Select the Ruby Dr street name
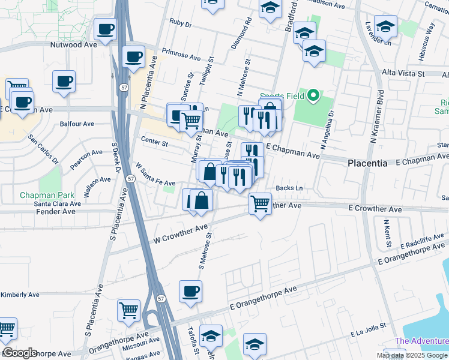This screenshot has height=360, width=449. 180,25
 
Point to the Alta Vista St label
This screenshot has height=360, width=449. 403,73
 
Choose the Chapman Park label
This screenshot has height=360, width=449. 47,195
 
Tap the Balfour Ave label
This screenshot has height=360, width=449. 77,124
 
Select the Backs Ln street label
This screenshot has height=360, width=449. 289,188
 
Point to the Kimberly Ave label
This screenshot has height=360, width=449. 20,295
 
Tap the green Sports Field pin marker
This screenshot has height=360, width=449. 313,95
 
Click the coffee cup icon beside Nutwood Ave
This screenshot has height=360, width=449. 105,29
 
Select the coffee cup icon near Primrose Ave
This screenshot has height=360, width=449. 133,57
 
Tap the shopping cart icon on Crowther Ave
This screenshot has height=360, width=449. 260,203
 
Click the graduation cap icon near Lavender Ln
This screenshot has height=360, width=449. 385,26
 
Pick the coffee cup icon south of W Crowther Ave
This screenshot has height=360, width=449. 190,291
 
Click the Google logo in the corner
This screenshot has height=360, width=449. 20,353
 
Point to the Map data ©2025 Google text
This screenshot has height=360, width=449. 412,355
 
